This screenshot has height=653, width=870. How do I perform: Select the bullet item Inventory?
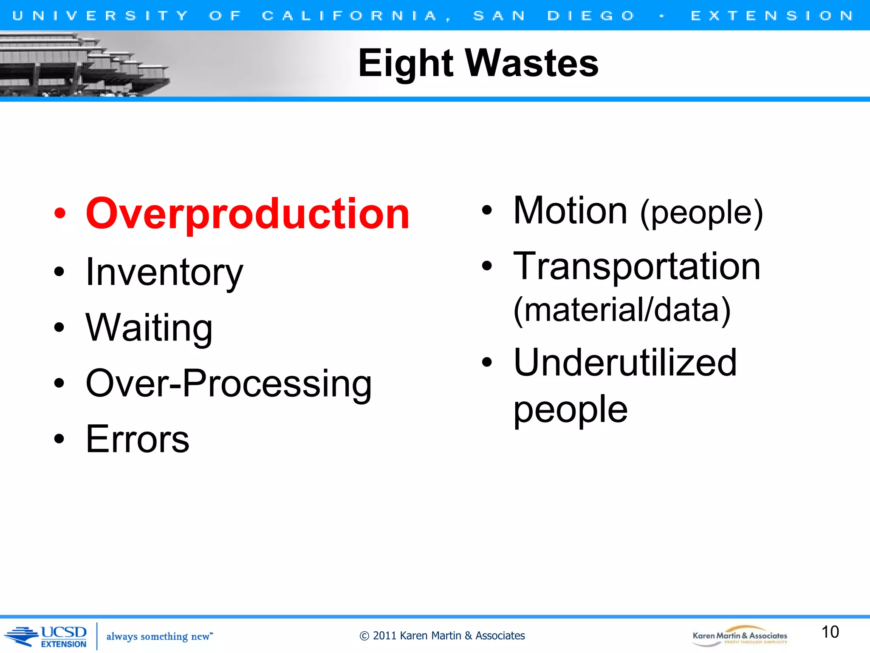coord(164,272)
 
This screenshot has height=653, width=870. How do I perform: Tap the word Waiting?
coord(149,327)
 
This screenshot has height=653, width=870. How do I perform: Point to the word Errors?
coord(137,439)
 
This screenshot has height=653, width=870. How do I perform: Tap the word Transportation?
coord(636,267)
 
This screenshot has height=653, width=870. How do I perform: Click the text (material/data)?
coord(622,310)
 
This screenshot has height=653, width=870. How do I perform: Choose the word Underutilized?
coord(625,363)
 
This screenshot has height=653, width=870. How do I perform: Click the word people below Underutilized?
coord(570,409)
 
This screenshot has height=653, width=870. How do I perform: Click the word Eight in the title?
coord(406,63)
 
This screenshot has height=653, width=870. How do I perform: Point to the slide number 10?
coord(830,632)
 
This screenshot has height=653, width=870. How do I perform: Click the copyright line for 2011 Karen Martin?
coord(442,636)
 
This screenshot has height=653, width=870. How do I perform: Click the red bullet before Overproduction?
coord(60,214)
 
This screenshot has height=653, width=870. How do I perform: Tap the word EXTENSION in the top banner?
coord(772,16)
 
